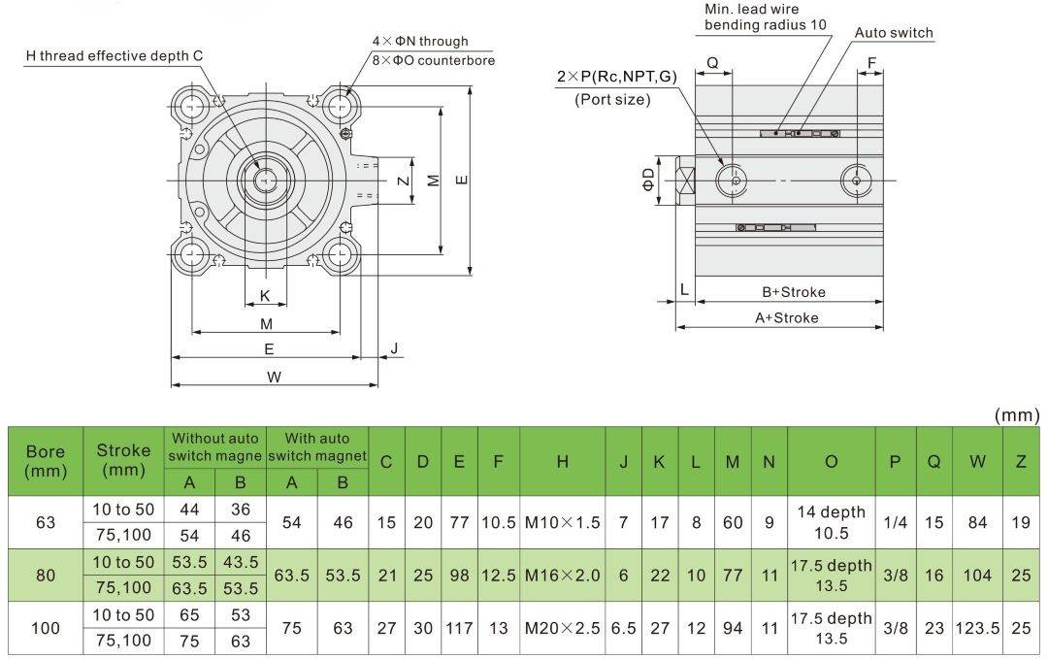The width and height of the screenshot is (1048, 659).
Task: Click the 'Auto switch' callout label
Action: coord(893,33)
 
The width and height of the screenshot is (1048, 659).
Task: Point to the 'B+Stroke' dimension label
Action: coord(793,292)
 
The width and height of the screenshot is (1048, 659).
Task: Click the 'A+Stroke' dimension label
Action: coord(787,317)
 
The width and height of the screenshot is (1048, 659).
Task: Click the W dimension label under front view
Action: coord(275,378)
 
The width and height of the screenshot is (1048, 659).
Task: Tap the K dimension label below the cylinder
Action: coord(265,296)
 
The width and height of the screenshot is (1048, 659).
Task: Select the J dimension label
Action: coord(394,348)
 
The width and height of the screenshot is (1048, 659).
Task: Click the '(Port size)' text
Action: coord(612,99)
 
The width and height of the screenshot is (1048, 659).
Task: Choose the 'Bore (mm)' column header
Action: coord(46,461)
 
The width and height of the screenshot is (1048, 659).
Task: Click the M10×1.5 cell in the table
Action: coord(562,522)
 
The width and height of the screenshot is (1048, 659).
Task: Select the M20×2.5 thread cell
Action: coord(562,628)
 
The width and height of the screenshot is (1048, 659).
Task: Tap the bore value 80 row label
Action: coord(46,575)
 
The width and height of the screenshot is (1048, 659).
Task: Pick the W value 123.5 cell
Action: coord(978,628)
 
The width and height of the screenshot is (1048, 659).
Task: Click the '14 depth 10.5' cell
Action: coord(831,522)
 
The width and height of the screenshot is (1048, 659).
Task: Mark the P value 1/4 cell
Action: coord(896,522)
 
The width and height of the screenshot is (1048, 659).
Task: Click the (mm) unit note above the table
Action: coord(1017,415)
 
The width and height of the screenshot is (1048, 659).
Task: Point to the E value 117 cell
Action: coord(458,628)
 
